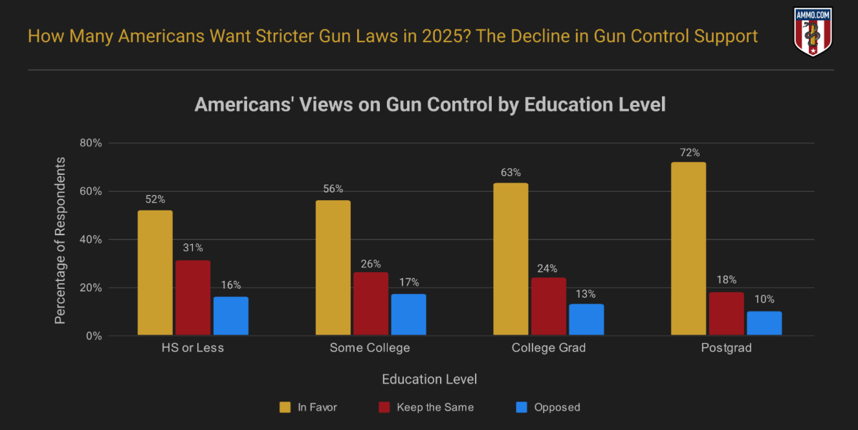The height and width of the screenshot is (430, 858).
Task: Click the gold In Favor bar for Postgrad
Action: pyautogui.click(x=688, y=249)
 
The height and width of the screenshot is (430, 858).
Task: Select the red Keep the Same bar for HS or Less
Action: pyautogui.click(x=193, y=298)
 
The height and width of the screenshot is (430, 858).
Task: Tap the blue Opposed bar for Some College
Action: pyautogui.click(x=408, y=315)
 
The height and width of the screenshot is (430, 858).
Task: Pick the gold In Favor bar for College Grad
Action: pyautogui.click(x=511, y=259)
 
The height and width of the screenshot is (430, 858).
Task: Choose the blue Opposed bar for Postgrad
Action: pyautogui.click(x=764, y=323)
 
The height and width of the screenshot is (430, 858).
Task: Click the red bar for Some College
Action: pyautogui.click(x=371, y=304)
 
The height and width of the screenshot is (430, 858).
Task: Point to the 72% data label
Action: pyautogui.click(x=688, y=153)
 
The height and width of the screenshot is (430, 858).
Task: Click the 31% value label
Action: pyautogui.click(x=193, y=248)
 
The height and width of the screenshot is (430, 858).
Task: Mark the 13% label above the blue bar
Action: pyautogui.click(x=586, y=294)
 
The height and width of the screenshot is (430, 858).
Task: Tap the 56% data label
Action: pyautogui.click(x=333, y=189)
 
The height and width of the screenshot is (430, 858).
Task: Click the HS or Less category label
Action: pyautogui.click(x=193, y=348)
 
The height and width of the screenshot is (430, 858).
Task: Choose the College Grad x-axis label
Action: pyautogui.click(x=549, y=348)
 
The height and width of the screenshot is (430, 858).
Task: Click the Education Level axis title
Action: pyautogui.click(x=430, y=379)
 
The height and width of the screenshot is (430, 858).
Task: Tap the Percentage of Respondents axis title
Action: pyautogui.click(x=60, y=240)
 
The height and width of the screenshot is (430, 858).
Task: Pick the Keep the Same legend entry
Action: pyautogui.click(x=426, y=407)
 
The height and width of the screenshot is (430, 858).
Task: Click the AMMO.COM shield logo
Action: pyautogui.click(x=813, y=32)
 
